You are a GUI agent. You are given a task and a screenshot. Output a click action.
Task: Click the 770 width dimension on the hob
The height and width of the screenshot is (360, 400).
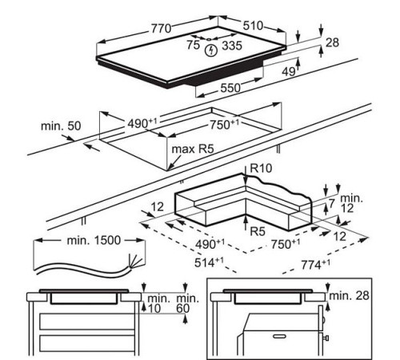pos(161,28)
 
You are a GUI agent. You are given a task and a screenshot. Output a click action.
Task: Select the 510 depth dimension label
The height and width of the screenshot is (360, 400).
pos(253,26)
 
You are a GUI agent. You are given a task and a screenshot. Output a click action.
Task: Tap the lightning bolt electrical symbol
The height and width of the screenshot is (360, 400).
pos(211,50)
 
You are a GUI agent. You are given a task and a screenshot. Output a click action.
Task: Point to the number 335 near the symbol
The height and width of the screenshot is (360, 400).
pos(232,46)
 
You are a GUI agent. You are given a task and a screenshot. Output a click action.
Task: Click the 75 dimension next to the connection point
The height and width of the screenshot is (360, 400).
pos(193,45)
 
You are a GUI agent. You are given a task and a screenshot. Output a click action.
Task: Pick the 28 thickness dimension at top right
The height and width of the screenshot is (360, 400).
pos(332,42)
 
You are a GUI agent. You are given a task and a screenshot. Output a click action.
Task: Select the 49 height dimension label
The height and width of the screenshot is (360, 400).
pos(289,71)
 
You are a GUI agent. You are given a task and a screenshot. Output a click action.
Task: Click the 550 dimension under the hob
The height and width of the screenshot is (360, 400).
pos(230,88)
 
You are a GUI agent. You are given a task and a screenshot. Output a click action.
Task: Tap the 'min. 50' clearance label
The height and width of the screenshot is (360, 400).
pos(61,126)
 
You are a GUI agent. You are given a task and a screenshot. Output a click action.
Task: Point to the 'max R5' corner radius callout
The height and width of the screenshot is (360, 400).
pos(193,149)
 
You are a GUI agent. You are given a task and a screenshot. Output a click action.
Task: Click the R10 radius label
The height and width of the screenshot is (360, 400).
pos(261,168)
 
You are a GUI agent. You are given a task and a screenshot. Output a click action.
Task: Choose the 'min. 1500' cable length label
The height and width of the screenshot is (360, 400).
pos(94,240)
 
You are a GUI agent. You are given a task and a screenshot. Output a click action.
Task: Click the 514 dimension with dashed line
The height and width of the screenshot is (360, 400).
pos(209,262)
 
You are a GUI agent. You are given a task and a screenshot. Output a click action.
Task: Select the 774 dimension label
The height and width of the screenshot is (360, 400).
pos(315,265)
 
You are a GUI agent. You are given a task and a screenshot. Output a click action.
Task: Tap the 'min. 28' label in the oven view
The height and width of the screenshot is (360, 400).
pos(350,295)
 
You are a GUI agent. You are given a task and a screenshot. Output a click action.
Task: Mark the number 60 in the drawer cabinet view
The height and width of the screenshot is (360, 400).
pos(182,308)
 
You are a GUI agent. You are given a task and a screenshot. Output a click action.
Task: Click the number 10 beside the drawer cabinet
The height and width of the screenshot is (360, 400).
pos(154,308)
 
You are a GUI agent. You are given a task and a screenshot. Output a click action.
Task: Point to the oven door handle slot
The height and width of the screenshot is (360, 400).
pos(278,337)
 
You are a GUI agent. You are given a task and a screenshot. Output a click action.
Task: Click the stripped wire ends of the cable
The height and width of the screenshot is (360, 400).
pos(135,260)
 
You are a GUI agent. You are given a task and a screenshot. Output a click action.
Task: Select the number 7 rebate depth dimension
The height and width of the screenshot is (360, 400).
pos(331,204)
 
